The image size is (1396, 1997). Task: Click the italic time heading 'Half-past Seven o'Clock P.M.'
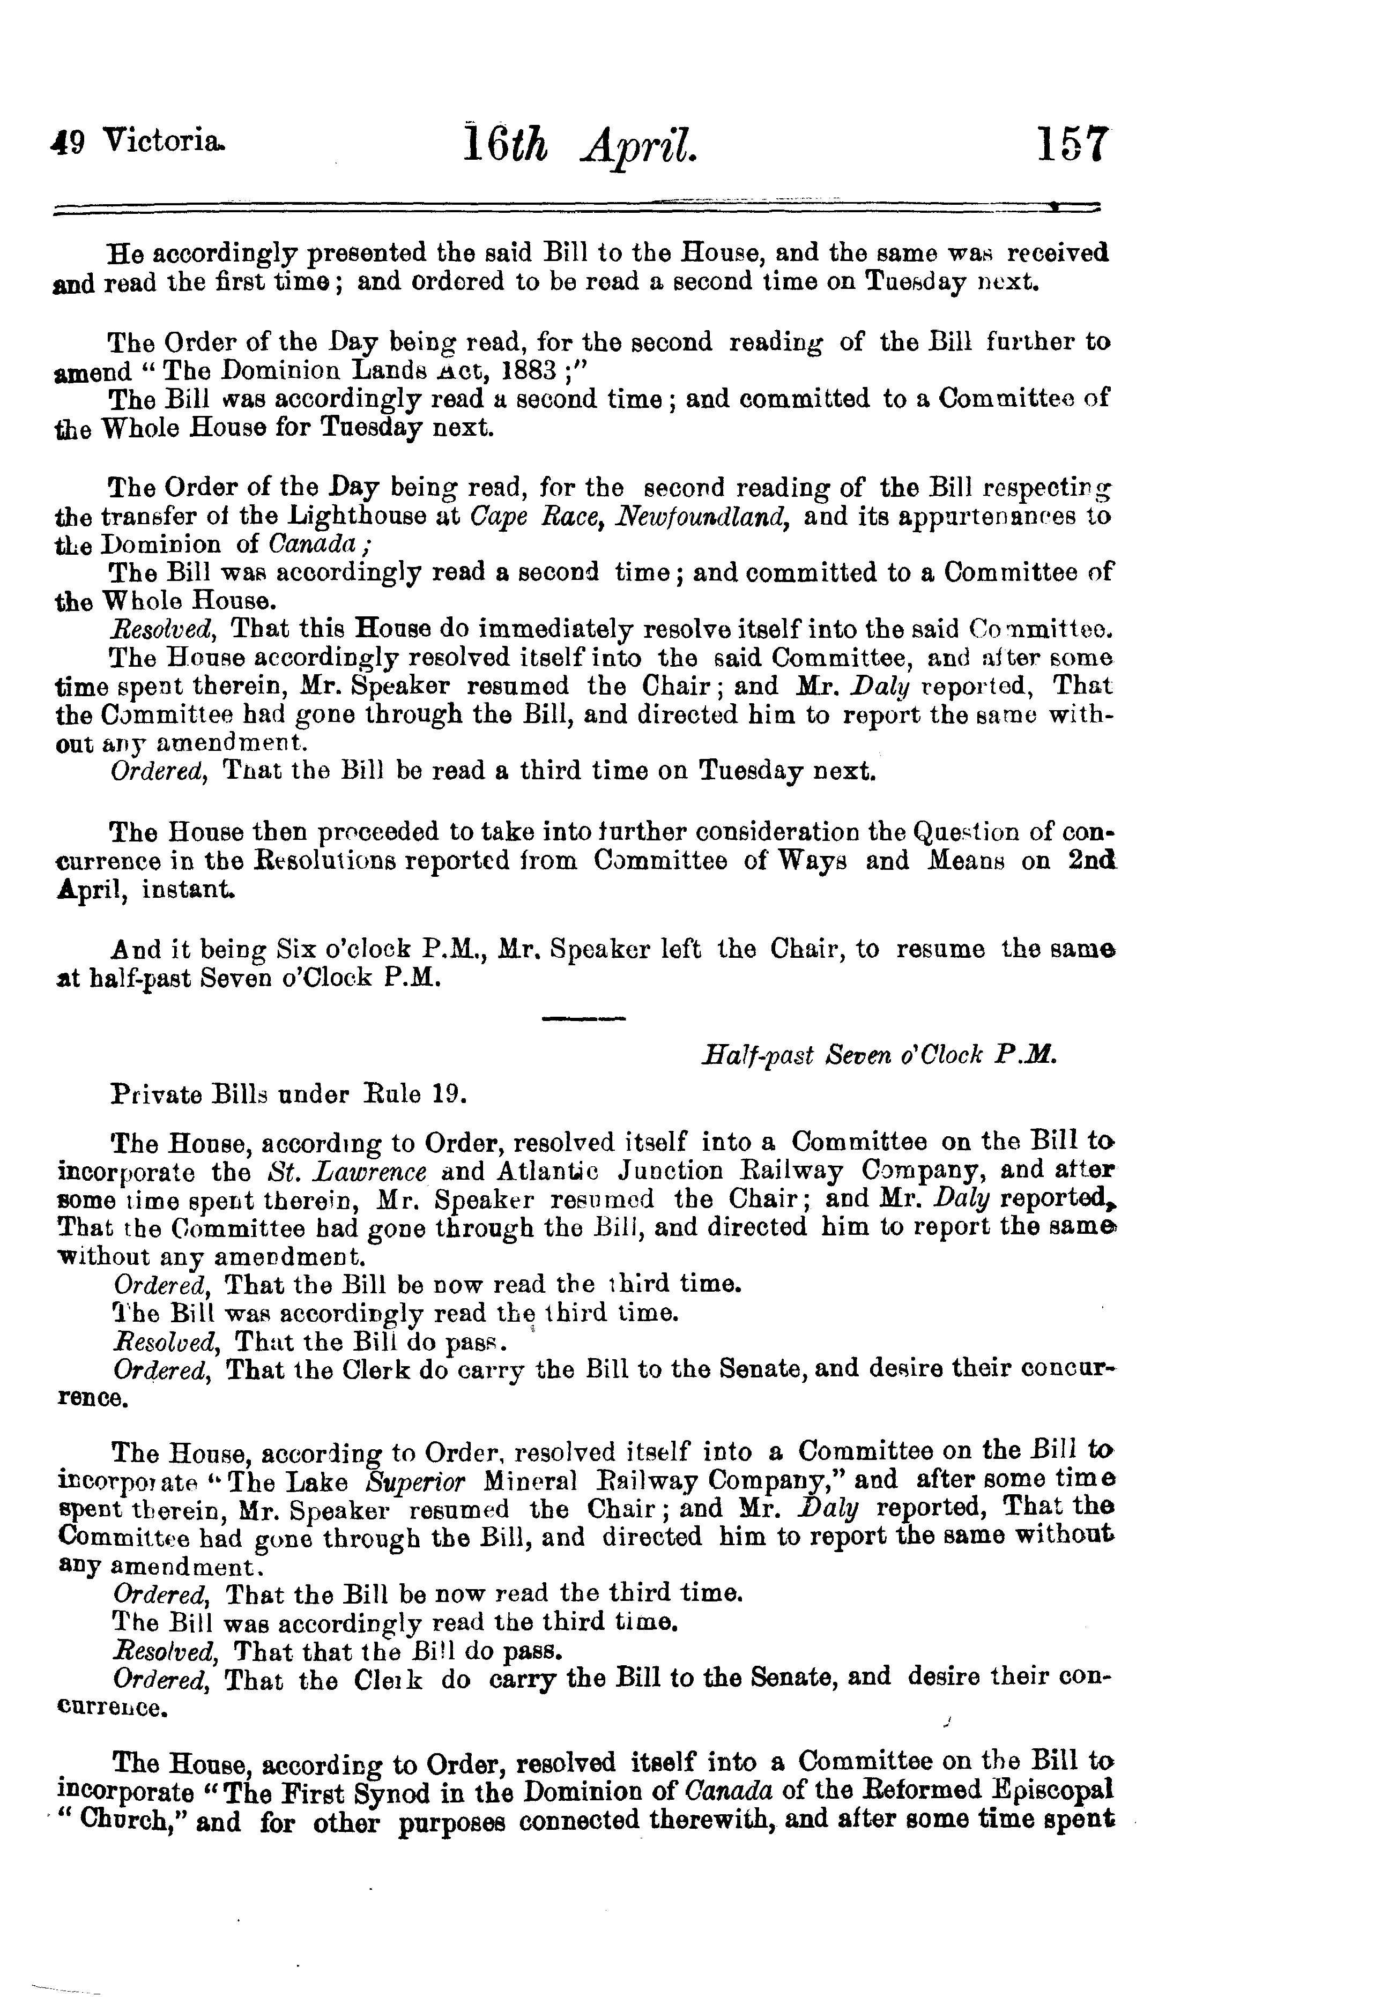879,1056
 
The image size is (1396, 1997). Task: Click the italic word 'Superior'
417,1481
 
